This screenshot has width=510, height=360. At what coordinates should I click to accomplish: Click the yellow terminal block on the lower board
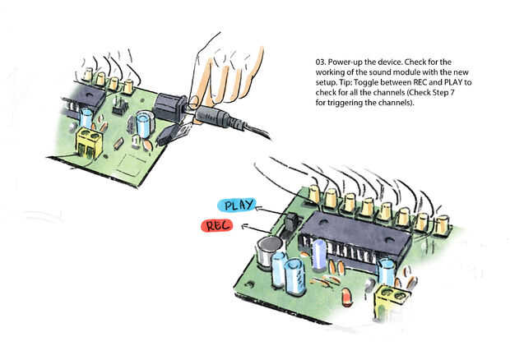pyautogui.click(x=391, y=302)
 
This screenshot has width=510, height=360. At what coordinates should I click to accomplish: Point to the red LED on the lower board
pyautogui.click(x=346, y=293)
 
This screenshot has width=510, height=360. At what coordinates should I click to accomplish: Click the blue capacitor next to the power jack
pyautogui.click(x=146, y=126)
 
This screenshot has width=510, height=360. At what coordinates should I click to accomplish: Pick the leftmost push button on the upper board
pyautogui.click(x=87, y=76)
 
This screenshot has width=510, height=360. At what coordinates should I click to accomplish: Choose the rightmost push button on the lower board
pyautogui.click(x=443, y=223)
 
